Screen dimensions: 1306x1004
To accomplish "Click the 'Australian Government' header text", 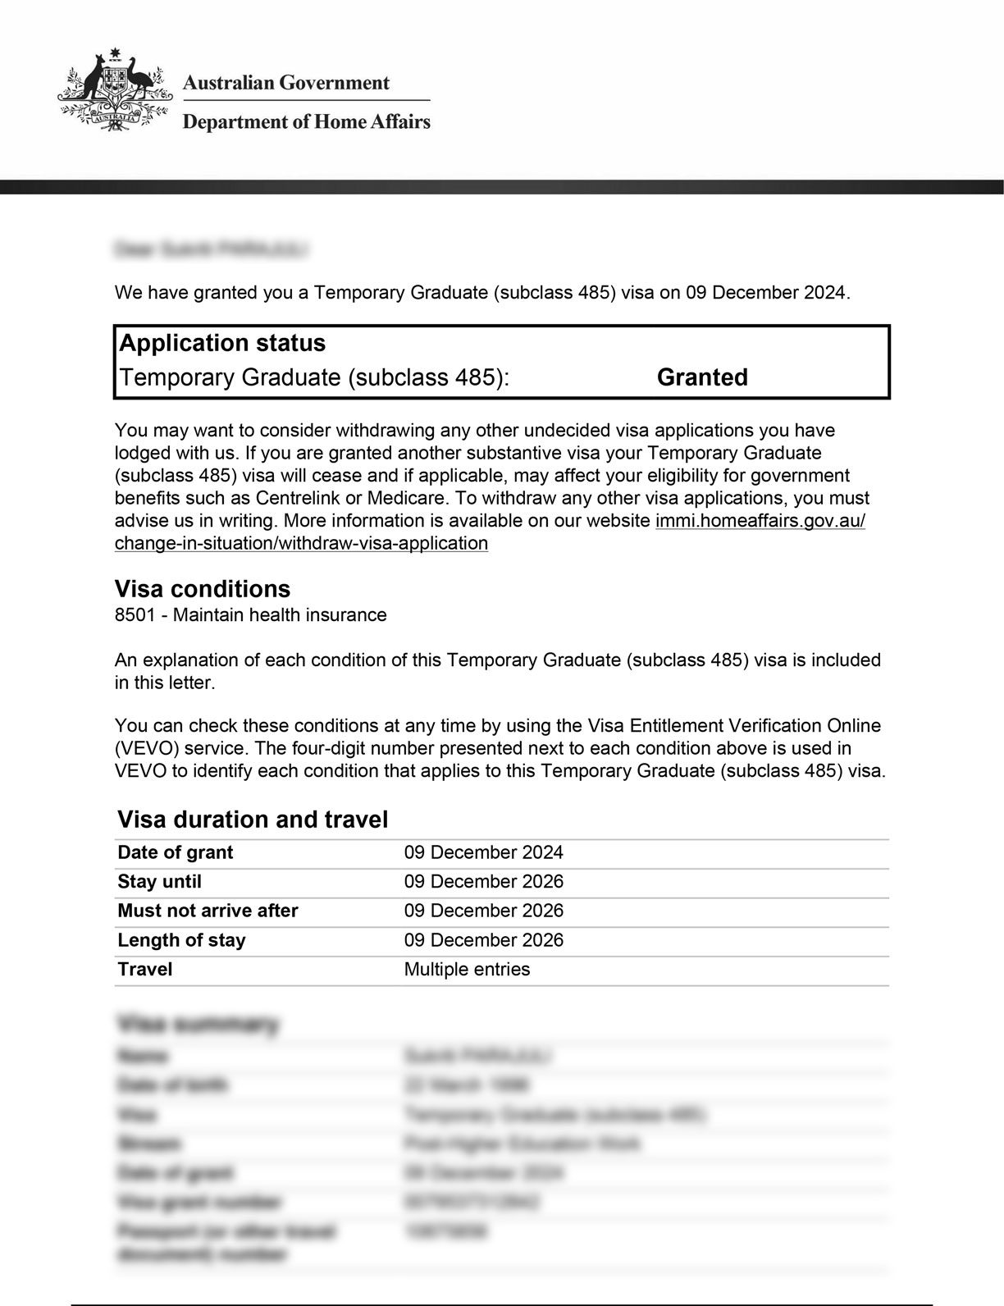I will [285, 83].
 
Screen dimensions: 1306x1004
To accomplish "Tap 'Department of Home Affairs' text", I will [306, 122].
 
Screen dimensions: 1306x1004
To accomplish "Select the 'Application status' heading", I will [222, 343].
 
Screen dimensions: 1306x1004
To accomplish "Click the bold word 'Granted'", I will [702, 377].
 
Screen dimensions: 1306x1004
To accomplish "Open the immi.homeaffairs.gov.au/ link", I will [760, 521].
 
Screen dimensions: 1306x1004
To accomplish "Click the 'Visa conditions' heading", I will [202, 589].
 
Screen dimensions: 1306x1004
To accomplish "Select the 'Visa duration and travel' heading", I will [253, 820].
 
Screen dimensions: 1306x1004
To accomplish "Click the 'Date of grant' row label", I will [176, 853].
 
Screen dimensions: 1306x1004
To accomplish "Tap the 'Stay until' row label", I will [159, 882].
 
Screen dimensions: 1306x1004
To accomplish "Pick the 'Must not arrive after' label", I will [208, 911].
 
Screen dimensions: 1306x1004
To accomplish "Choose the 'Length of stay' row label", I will [181, 940].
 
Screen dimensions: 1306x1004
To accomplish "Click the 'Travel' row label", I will [145, 970].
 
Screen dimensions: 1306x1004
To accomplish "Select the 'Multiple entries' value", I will [467, 970].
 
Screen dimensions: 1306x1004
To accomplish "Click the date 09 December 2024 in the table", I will [483, 853].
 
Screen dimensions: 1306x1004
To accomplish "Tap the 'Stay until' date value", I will [483, 882].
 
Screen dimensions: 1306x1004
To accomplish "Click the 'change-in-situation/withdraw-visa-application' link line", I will [301, 544].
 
